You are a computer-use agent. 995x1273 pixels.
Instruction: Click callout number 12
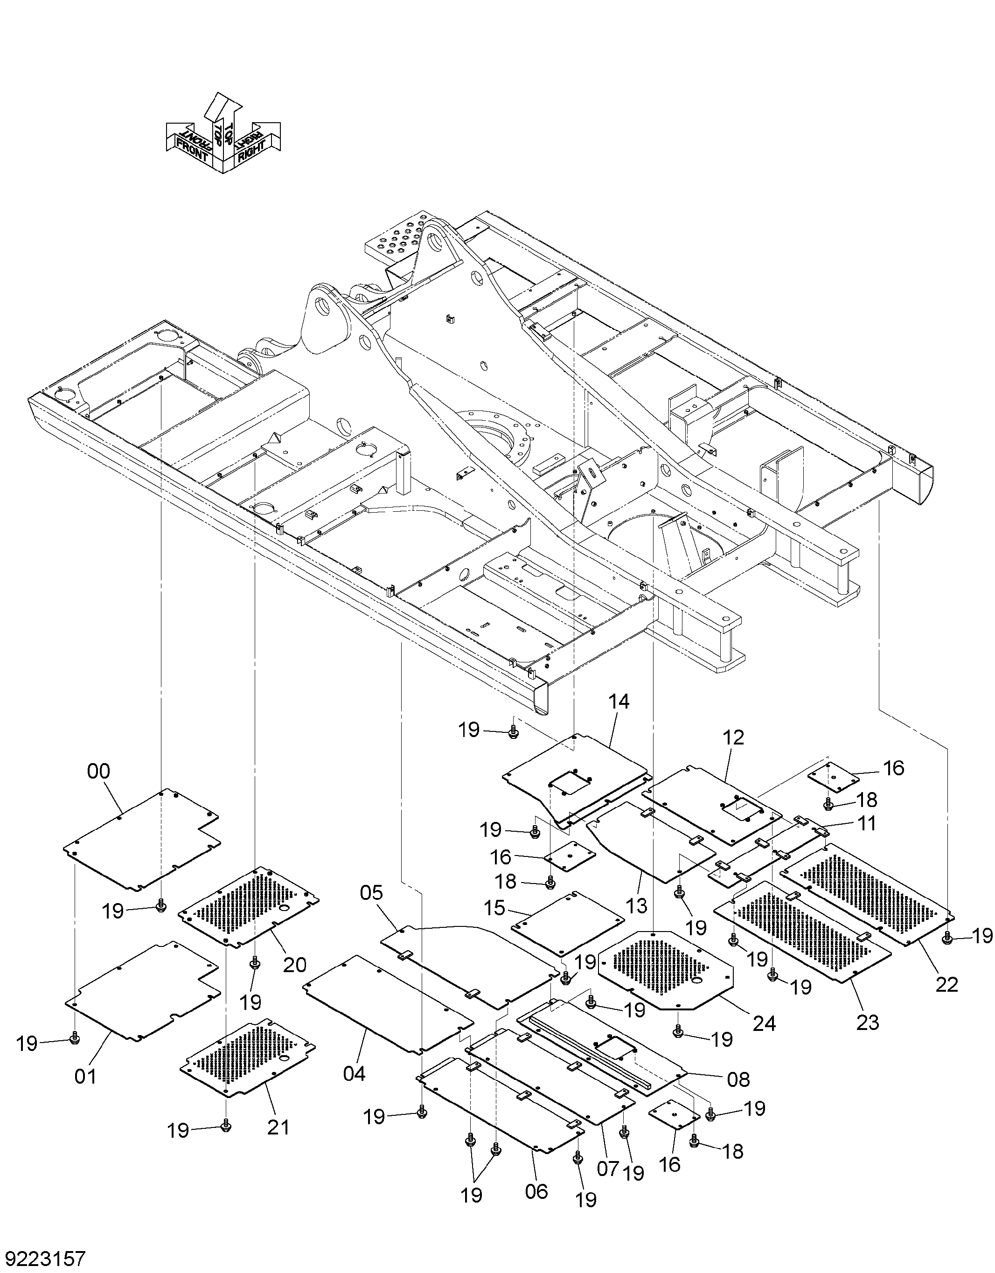(x=733, y=737)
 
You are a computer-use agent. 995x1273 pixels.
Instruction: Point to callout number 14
(x=619, y=701)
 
